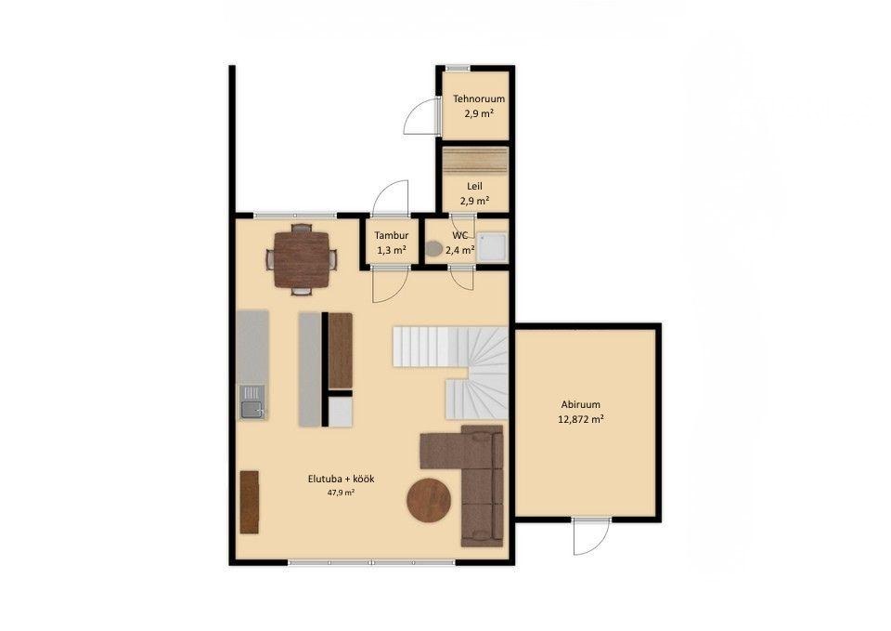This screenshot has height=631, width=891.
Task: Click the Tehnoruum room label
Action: pos(479,99)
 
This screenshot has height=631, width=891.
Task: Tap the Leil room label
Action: pos(474,187)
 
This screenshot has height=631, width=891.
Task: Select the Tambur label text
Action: pos(392,235)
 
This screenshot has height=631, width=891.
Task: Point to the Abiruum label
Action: pos(580,405)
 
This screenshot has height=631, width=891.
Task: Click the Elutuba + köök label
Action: pos(341,480)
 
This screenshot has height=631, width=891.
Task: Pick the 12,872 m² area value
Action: pos(580,420)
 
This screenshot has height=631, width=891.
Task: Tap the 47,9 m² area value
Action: pos(341,493)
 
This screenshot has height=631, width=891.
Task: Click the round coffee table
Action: pos(429,500)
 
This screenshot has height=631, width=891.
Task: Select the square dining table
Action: pos(301,260)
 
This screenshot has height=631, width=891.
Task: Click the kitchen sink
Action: pos(252,402)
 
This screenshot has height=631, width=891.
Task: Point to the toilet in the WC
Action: pos(434,249)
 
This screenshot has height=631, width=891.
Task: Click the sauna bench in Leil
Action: pos(475,162)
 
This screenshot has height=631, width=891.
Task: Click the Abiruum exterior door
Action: pos(591,537)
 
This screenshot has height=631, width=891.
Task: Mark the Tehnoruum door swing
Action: pos(421,116)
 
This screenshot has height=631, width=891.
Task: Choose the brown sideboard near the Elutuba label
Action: pos(250,502)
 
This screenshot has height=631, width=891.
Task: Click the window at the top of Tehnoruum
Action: pos(458,68)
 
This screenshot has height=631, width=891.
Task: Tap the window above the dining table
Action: pos(295,215)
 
